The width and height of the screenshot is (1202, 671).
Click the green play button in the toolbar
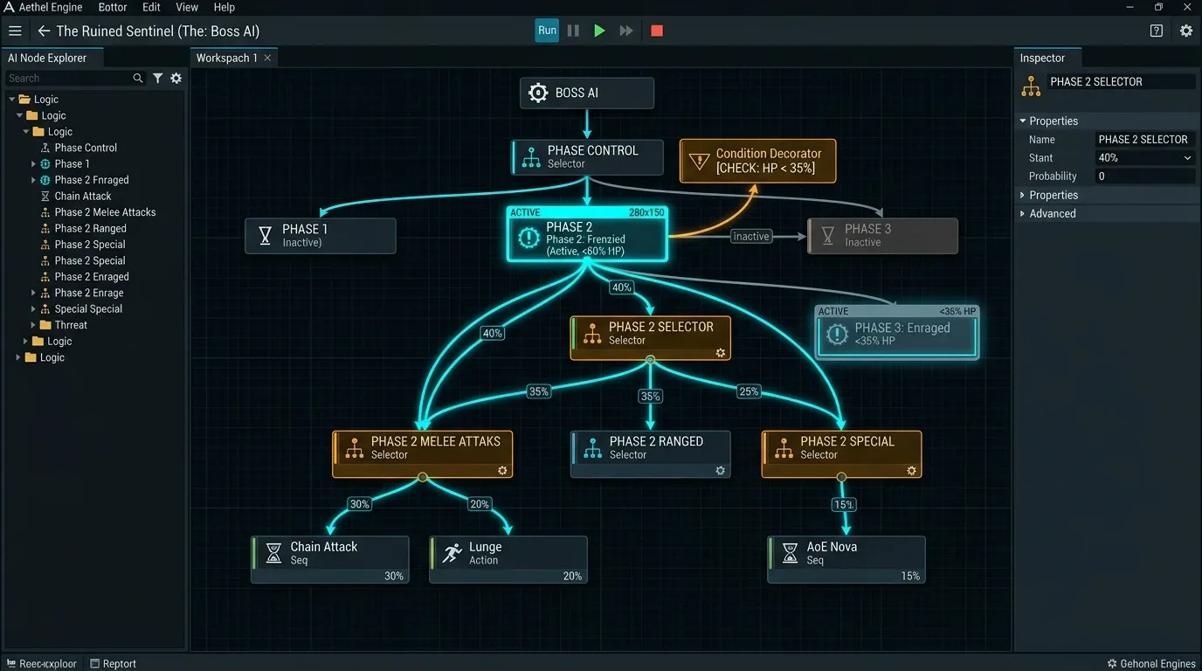coord(599,31)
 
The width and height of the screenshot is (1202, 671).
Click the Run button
coord(547,31)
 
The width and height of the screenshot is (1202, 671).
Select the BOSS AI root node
coord(586,93)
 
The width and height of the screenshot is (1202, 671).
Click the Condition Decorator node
coord(757,161)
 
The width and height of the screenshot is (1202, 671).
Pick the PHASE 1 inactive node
coord(321,236)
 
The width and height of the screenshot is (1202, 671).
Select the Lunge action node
coord(508,559)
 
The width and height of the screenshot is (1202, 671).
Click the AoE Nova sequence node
coord(846,559)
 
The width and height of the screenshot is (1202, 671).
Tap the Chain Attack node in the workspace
coord(329,559)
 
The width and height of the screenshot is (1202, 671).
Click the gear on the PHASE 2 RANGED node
coord(720,471)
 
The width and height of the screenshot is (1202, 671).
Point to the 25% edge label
coord(749,391)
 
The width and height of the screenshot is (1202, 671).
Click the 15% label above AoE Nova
coord(844,505)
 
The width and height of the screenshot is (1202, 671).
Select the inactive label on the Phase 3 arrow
coord(750,236)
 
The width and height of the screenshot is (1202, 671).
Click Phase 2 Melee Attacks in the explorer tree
coord(105,212)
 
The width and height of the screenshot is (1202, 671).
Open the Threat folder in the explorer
coord(71,325)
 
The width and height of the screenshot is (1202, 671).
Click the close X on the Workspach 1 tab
coord(267,58)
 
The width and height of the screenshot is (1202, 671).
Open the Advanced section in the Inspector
coord(1053,214)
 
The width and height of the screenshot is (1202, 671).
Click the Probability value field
coord(1144,176)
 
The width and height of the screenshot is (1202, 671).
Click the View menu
coord(187,7)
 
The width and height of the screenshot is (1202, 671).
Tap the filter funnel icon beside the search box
coord(158,79)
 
